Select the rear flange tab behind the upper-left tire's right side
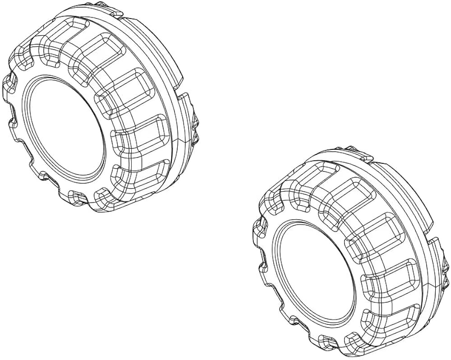pos(185,108)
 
